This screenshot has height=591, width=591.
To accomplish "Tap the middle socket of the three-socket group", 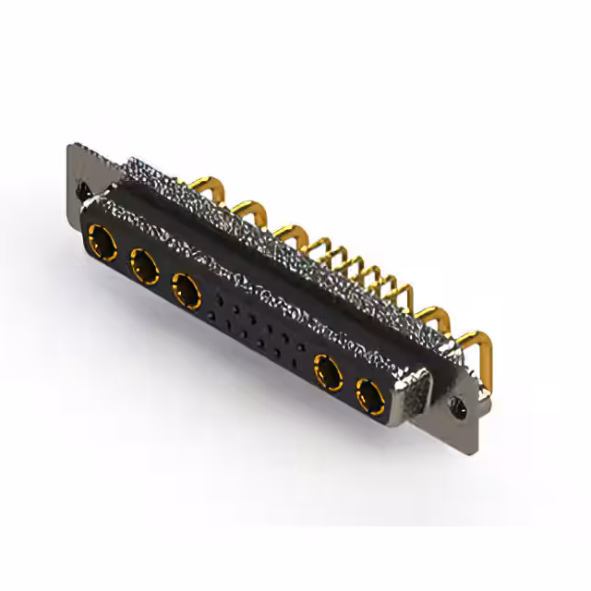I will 144,268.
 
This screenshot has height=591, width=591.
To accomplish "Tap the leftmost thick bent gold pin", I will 202,187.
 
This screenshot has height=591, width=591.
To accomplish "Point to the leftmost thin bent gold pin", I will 320,245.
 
